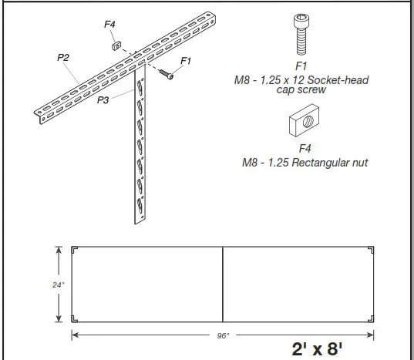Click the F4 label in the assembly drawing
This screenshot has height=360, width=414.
coord(110,25)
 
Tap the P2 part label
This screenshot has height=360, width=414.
coord(63,57)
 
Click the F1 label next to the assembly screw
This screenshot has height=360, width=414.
coord(186,60)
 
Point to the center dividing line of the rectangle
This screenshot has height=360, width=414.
coord(223,285)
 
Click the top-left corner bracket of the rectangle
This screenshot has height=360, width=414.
coord(75,251)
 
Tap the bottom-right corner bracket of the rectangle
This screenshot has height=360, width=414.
coord(371,319)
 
